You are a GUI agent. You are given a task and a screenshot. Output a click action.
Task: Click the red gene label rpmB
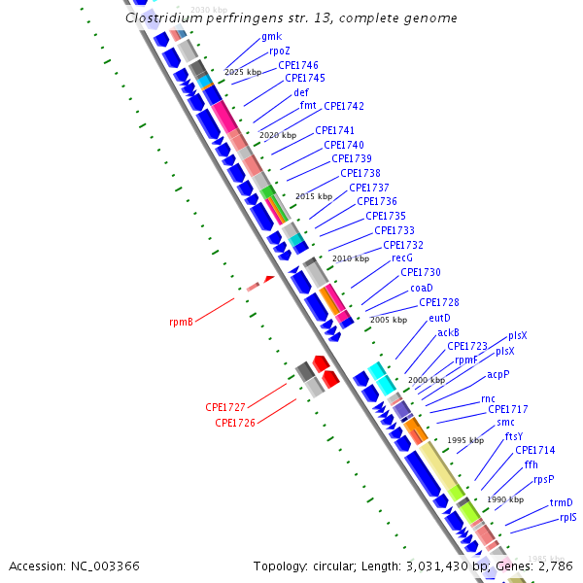point(181,322)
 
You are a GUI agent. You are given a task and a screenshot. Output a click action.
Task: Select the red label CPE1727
point(224,407)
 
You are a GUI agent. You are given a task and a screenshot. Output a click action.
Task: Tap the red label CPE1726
point(234,423)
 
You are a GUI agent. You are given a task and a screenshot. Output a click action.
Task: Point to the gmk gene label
point(271,37)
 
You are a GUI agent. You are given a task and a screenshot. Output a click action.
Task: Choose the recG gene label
point(402,257)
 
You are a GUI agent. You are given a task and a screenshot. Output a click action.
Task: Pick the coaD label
point(421,288)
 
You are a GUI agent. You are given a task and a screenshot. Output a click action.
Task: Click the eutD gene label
point(439,318)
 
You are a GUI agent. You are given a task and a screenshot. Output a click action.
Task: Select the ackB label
point(448,332)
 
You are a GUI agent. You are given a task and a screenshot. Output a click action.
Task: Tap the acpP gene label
point(497,374)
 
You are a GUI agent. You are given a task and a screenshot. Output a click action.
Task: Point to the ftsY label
point(514,436)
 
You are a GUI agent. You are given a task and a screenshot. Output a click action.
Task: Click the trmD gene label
point(562,502)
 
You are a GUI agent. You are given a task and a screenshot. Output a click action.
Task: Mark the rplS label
point(567,517)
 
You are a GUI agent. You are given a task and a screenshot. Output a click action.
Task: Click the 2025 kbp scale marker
point(243,73)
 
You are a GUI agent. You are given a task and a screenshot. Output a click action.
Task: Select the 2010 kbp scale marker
point(351,259)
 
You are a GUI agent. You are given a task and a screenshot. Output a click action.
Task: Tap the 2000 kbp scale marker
point(426,380)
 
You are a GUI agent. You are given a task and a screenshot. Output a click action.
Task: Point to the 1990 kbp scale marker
point(505,499)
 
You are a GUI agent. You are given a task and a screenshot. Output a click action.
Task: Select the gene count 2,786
point(554,566)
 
